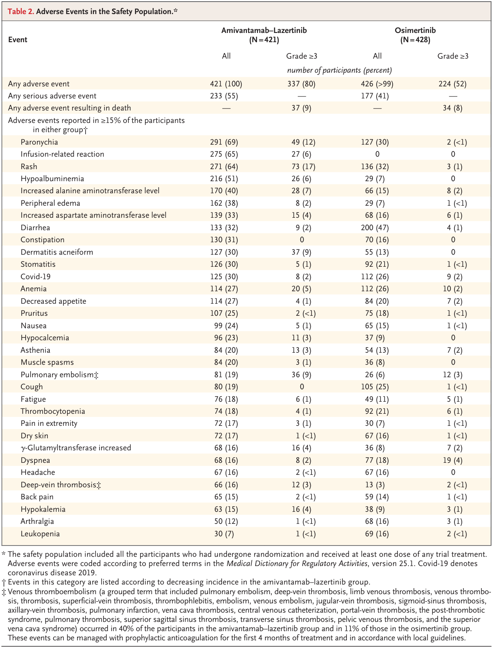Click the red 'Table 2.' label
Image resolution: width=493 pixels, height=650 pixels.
[x=21, y=12]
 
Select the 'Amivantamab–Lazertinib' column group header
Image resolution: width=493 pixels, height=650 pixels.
[x=264, y=31]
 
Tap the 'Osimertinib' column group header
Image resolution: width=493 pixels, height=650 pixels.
[x=415, y=31]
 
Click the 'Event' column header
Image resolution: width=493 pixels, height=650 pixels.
[x=18, y=40]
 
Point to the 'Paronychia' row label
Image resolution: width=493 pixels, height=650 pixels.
[x=39, y=142]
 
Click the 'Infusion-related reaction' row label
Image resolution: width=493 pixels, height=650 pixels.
[x=62, y=154]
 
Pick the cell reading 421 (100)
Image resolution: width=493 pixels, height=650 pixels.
[x=226, y=84]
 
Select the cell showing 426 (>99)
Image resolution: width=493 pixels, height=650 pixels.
[x=377, y=84]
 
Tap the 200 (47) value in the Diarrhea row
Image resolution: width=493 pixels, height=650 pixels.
[x=377, y=228]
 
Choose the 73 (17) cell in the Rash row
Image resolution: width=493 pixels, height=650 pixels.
[x=304, y=167]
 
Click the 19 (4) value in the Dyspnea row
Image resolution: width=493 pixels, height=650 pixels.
[x=453, y=460]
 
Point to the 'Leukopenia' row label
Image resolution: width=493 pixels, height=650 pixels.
[x=40, y=534]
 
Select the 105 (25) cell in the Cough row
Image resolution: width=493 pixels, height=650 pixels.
[x=377, y=387]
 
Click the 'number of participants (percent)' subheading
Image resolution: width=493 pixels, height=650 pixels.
[x=339, y=70]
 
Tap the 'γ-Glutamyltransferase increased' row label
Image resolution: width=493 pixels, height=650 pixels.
[x=76, y=448]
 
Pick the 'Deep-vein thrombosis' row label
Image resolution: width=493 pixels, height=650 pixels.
[x=61, y=485]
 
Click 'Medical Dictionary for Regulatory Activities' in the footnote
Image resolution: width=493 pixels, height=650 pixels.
[x=297, y=563]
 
